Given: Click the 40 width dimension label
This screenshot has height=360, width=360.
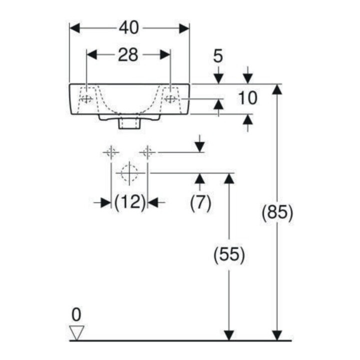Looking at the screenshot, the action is click(x=129, y=27).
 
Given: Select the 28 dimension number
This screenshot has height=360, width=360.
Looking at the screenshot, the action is click(x=128, y=55).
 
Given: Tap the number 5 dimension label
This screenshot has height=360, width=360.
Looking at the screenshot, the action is click(x=218, y=56).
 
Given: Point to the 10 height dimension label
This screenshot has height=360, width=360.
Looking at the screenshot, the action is click(x=247, y=98).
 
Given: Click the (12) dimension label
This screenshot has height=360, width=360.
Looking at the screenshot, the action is click(x=130, y=202).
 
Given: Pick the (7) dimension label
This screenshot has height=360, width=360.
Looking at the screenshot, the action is click(x=200, y=203).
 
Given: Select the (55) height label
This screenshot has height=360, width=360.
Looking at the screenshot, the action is click(x=229, y=254).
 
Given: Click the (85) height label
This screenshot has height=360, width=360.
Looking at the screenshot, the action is click(x=277, y=213).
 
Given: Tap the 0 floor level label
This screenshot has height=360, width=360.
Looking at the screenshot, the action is click(x=76, y=314).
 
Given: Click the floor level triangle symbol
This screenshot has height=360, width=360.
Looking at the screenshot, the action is click(x=77, y=332).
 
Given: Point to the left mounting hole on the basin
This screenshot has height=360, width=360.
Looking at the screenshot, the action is click(x=86, y=99).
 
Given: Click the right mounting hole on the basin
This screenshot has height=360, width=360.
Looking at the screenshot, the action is click(x=171, y=99).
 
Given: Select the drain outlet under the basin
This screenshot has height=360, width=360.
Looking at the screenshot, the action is click(x=129, y=123).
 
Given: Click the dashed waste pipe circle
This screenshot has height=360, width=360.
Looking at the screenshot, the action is click(x=129, y=173).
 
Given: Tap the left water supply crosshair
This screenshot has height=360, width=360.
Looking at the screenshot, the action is click(x=111, y=152).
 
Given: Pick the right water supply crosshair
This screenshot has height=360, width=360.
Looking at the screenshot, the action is click(x=147, y=152).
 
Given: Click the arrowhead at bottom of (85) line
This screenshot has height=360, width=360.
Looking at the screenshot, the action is click(x=277, y=335).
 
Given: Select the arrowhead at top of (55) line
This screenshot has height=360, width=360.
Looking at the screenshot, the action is click(x=229, y=178).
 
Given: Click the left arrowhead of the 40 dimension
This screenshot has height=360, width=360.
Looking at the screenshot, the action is click(x=74, y=28).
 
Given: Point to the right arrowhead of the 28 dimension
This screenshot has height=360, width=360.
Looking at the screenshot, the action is click(x=165, y=54).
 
